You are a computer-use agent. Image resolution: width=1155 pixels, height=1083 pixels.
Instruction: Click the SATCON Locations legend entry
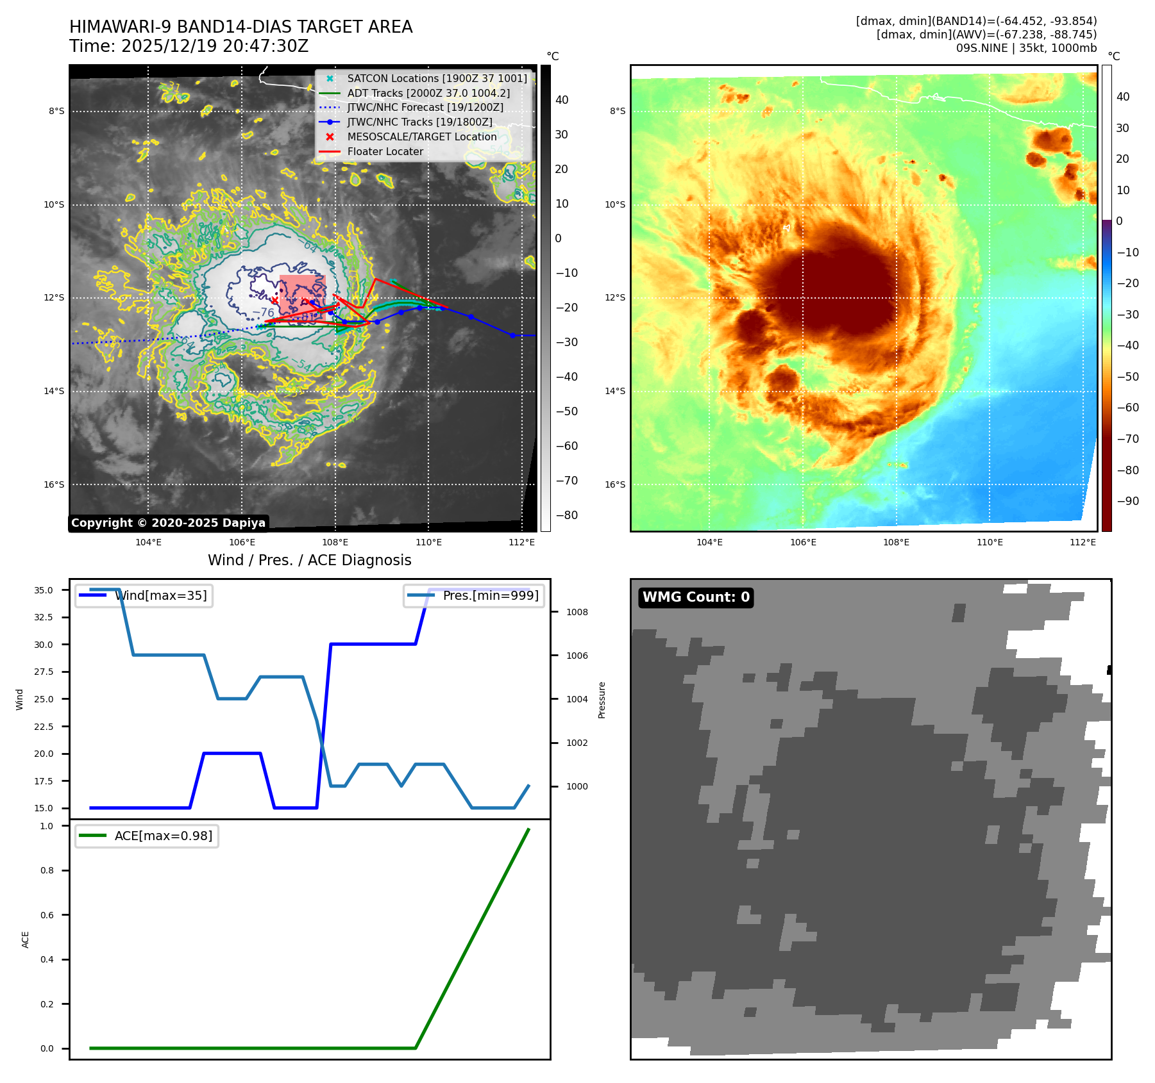(437, 79)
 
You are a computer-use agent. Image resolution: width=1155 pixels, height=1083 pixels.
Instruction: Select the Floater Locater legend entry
(385, 152)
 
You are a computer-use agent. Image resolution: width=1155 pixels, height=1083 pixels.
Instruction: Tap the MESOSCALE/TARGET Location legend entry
(421, 137)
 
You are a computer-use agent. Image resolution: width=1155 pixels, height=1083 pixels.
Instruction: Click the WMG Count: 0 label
(696, 597)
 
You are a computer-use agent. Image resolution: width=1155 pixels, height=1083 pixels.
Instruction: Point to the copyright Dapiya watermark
(168, 523)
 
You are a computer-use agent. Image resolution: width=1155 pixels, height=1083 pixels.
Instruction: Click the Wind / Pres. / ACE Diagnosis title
(309, 561)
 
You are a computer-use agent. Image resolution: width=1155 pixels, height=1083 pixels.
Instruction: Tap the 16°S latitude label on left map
(54, 485)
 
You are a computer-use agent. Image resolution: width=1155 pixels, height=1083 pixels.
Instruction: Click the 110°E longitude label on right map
(990, 543)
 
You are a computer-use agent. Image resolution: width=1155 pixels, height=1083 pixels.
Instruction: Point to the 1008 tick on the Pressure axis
(577, 613)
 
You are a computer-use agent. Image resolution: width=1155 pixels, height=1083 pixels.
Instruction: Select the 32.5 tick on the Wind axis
(44, 618)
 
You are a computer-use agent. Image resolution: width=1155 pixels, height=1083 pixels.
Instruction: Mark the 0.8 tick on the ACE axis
(47, 871)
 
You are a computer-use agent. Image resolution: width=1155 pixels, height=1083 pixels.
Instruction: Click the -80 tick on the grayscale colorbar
(566, 515)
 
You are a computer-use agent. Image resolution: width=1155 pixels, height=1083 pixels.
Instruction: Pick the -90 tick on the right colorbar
(1127, 501)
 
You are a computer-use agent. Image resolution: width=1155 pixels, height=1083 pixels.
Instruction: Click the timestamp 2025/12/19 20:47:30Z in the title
(214, 47)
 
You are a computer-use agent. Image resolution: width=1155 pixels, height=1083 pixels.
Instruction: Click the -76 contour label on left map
(264, 313)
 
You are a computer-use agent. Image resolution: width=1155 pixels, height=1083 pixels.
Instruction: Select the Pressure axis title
(602, 700)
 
